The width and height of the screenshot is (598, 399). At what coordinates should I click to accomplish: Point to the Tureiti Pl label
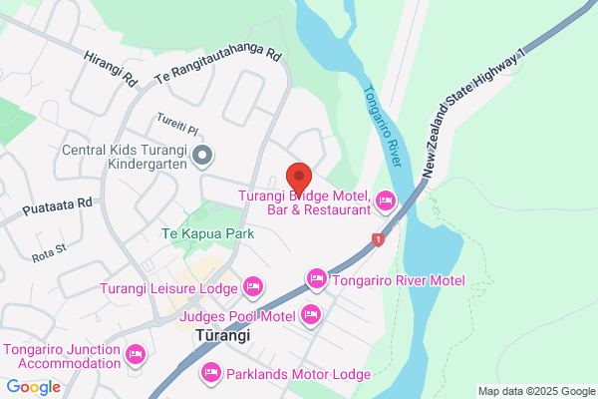point(178,124)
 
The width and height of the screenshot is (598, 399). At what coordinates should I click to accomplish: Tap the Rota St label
point(48,254)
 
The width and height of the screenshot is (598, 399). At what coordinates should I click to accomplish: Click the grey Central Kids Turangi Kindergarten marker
point(203,155)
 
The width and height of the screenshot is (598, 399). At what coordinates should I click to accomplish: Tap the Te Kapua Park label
point(207,233)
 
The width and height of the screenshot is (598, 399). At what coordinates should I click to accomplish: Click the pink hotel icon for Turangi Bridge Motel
point(385,203)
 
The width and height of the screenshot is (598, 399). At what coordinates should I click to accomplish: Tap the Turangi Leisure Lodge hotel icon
point(253,288)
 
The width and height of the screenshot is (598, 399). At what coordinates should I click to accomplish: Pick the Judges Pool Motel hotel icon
point(311,316)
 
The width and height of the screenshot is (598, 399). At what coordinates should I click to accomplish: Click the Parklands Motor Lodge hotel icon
point(211,373)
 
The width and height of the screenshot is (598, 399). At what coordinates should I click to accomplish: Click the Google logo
point(33,387)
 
